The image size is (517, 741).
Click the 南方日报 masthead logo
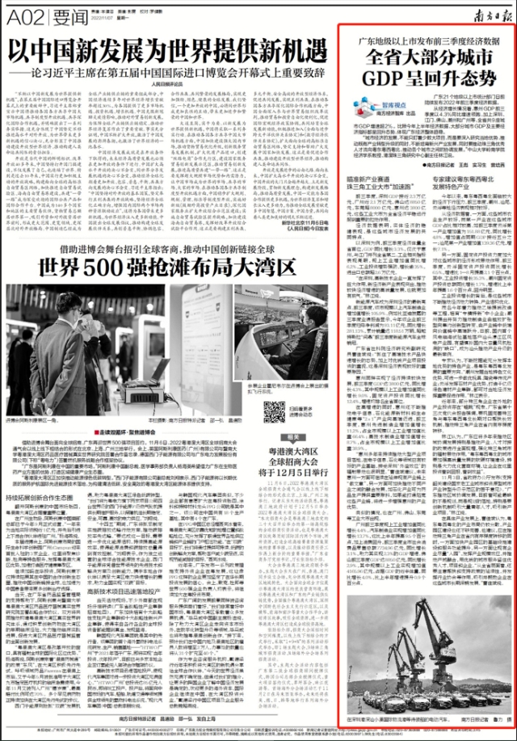[486, 11]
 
